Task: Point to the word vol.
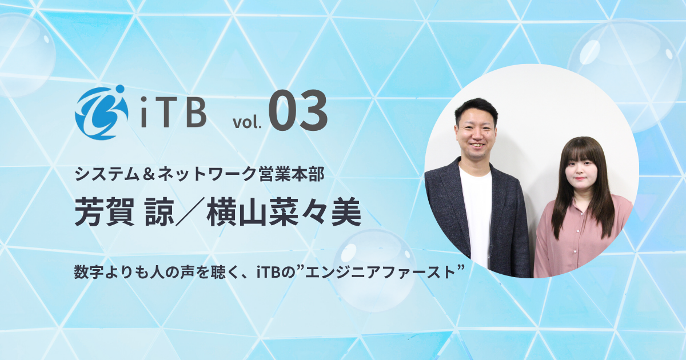246,121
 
